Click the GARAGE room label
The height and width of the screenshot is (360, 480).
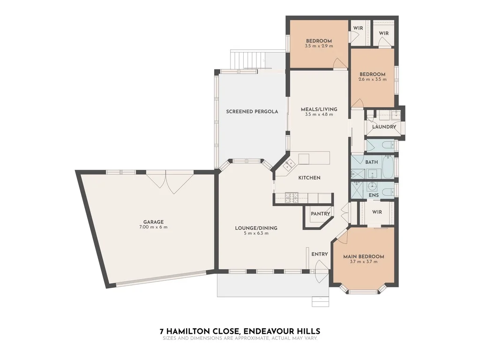coord(153,222)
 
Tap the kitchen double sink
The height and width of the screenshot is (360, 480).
coord(288,165)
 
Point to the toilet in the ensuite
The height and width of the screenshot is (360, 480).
coord(387,190)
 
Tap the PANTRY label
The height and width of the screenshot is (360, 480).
coord(321,214)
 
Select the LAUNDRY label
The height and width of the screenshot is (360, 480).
coord(384,127)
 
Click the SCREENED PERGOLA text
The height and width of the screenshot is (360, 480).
coord(252,112)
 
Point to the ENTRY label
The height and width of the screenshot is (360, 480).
coord(320,254)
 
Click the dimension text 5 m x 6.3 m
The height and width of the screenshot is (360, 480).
coord(256,233)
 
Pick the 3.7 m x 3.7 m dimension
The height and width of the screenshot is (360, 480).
coord(364,262)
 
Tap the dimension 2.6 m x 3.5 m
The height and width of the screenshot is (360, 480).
coord(373,80)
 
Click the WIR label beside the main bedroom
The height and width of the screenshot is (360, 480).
coord(377,212)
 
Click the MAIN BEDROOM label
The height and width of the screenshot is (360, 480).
coord(364,256)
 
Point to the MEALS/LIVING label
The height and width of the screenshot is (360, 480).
coord(319,109)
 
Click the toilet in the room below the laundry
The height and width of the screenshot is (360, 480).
coord(387,146)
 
